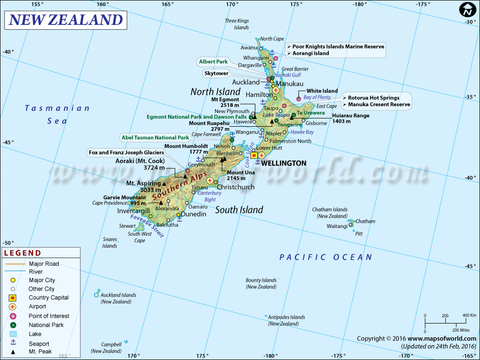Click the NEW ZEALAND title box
click(x=66, y=20)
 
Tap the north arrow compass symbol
click(x=467, y=9)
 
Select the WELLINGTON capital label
click(x=283, y=163)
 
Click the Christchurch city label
click(x=236, y=187)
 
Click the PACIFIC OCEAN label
click(x=326, y=257)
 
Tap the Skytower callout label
click(x=216, y=73)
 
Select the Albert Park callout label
click(x=213, y=62)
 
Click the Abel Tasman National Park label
click(x=155, y=137)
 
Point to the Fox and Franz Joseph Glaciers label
click(x=126, y=152)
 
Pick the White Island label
click(x=322, y=91)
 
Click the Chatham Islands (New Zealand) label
click(x=330, y=213)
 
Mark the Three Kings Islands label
click(x=237, y=24)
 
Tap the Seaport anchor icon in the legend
click(x=13, y=343)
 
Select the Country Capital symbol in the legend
click(x=13, y=298)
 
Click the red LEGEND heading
click(x=23, y=253)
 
